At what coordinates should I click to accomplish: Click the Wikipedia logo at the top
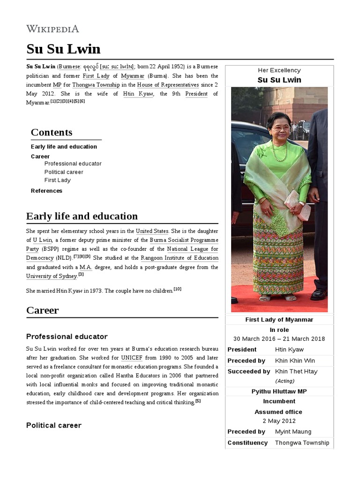(x=52, y=29)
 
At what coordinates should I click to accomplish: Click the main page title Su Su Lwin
(x=63, y=49)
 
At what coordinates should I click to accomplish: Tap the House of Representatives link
(x=168, y=85)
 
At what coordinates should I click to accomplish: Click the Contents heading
(x=52, y=132)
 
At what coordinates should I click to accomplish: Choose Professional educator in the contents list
(x=73, y=164)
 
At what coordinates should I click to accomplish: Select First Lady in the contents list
(x=58, y=180)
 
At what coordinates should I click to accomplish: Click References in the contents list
(x=46, y=191)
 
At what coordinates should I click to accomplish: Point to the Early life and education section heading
(x=82, y=216)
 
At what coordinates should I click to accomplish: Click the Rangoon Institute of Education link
(x=180, y=258)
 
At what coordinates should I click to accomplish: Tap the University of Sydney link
(x=52, y=276)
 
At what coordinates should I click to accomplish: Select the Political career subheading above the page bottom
(x=54, y=425)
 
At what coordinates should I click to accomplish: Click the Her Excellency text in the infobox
(x=279, y=70)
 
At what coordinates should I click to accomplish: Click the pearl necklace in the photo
(x=279, y=152)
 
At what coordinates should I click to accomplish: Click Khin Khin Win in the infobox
(x=295, y=360)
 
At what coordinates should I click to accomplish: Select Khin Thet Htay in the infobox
(x=296, y=371)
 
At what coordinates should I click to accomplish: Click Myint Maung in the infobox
(x=293, y=432)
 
